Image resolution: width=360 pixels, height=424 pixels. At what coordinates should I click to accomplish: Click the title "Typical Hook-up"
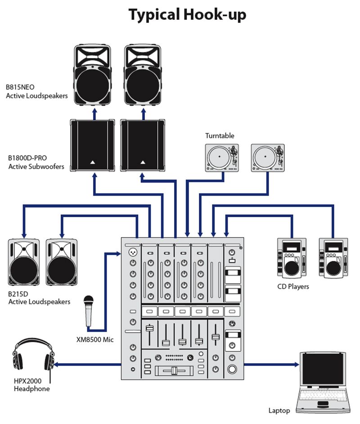coord(187,14)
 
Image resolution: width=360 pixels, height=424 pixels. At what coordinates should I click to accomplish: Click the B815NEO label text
coord(37,92)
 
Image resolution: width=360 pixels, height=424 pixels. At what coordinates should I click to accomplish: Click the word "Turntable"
coord(220,135)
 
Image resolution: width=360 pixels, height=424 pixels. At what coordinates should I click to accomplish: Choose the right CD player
coord(333,257)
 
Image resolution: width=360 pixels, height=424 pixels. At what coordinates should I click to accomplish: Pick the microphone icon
coord(89,311)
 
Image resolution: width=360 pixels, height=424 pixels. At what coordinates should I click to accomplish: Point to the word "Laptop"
coord(279,410)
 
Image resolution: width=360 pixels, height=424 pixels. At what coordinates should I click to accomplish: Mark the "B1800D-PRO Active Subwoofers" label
coord(36,162)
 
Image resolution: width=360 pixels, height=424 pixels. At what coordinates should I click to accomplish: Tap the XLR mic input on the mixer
coord(132,252)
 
